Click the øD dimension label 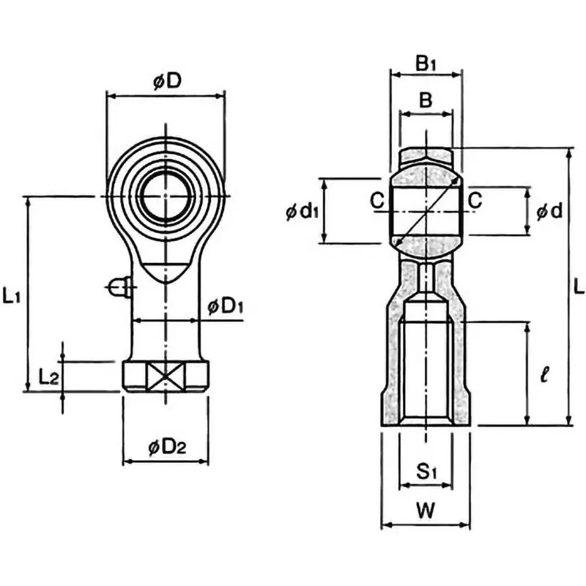tap(167, 81)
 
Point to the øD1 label tap(226, 306)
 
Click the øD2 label tap(167, 447)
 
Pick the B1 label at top tap(426, 63)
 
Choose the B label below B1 tap(426, 100)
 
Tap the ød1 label tap(302, 212)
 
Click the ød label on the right tap(549, 212)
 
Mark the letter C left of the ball tap(377, 200)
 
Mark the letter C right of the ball tap(475, 200)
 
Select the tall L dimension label tap(579, 286)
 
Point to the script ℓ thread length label tap(544, 374)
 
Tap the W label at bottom tap(426, 510)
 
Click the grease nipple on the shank tap(119, 287)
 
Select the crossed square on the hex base tap(166, 377)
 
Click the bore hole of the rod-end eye tap(166, 196)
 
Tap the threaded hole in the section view tap(426, 374)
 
